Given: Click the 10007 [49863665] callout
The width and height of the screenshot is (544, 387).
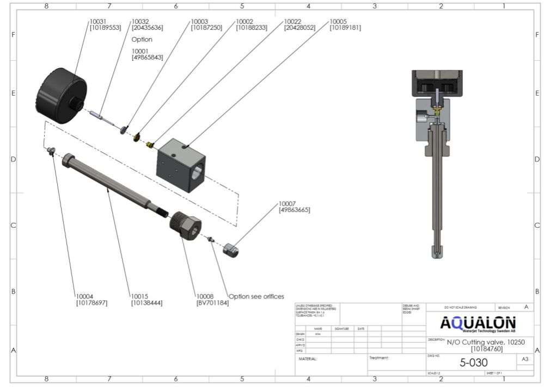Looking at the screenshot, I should tap(294, 206).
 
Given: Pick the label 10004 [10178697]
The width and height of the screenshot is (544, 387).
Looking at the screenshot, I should tap(91, 299).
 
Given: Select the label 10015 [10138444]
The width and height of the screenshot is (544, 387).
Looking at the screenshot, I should tap(146, 299).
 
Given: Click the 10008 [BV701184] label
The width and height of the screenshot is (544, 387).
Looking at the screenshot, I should tap(212, 299).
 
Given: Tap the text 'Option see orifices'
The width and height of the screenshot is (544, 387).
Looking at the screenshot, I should tap(256, 296).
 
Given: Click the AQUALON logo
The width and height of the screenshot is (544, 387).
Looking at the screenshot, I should tap(478, 324).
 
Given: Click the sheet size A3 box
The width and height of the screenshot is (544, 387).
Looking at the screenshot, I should tap(524, 359).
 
